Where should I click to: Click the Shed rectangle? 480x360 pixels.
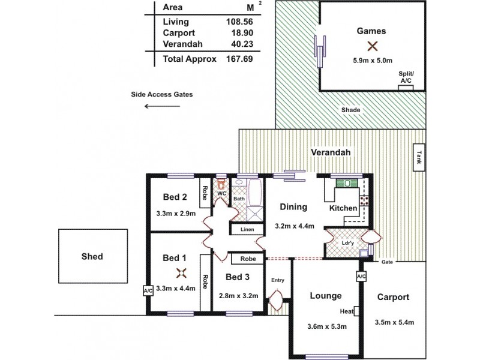pyautogui.click(x=92, y=256)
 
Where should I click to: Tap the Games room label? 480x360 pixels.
pyautogui.click(x=371, y=31)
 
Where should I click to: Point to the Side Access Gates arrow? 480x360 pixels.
pyautogui.click(x=162, y=107)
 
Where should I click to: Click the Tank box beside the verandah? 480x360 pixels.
pyautogui.click(x=418, y=158)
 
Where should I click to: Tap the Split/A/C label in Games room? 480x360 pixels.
pyautogui.click(x=406, y=77)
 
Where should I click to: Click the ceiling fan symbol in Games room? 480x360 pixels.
pyautogui.click(x=373, y=46)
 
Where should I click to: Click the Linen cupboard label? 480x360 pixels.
pyautogui.click(x=247, y=230)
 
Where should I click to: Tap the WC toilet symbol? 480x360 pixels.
pyautogui.click(x=221, y=184)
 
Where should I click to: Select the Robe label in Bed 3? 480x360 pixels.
pyautogui.click(x=248, y=259)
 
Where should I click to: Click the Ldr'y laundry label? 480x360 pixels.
pyautogui.click(x=347, y=242)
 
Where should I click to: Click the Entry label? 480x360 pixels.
pyautogui.click(x=277, y=280)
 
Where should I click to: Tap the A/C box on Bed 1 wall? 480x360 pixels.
pyautogui.click(x=148, y=291)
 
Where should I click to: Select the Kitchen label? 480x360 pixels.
pyautogui.click(x=344, y=208)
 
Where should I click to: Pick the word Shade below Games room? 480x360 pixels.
pyautogui.click(x=350, y=110)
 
